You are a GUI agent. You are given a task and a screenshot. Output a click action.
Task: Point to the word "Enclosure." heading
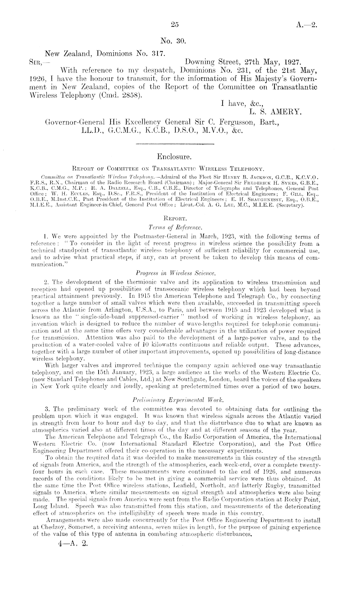tap(175, 157)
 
